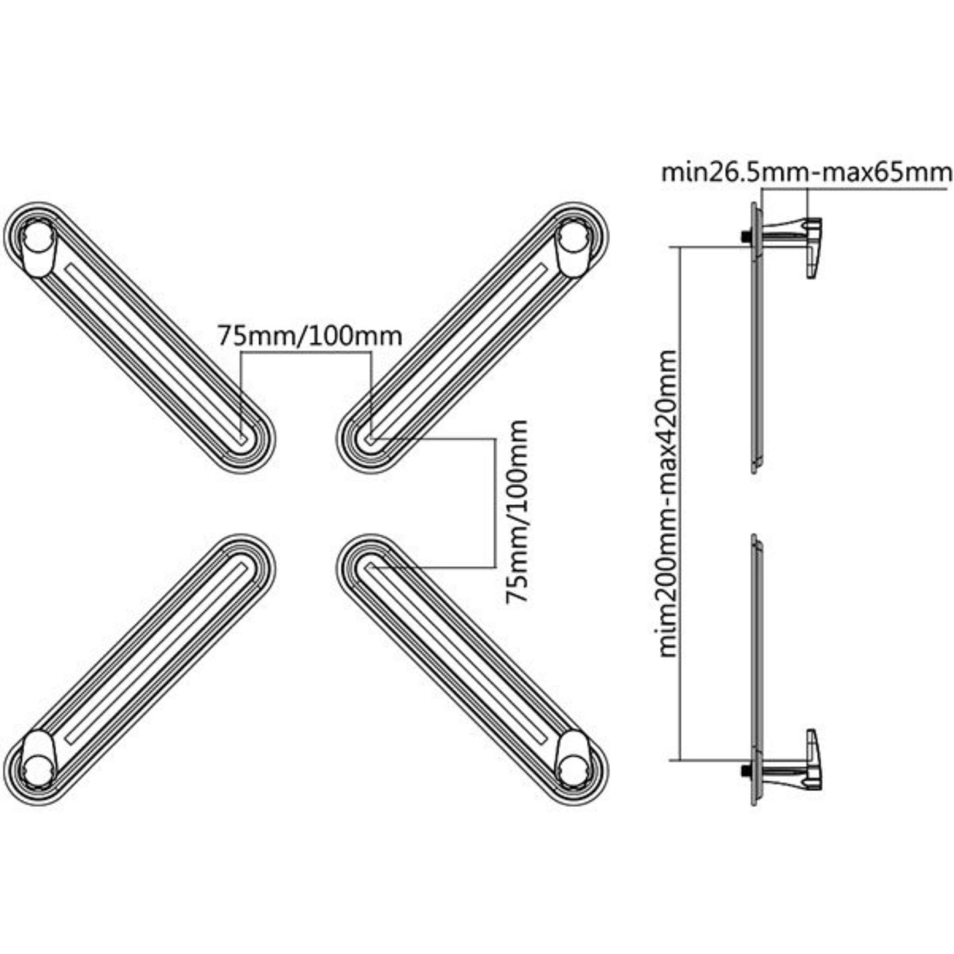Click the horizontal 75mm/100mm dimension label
tap(310, 336)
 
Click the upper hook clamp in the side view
tap(813, 247)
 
